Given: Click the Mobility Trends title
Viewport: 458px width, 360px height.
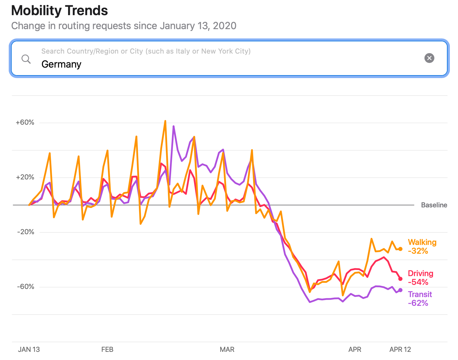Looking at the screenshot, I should point(59,11).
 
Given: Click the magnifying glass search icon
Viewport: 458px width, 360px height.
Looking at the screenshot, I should point(26,59).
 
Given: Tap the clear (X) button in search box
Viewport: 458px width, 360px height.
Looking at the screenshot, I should point(429,58).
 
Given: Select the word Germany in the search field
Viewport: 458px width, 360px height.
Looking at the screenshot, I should point(61,64).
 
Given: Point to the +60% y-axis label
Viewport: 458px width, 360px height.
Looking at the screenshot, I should point(25,122).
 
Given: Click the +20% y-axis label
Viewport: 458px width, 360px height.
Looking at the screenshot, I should point(25,177).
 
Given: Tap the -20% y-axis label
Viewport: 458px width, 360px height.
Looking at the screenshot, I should point(26,232).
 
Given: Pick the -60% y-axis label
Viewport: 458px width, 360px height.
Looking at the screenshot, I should point(26,287).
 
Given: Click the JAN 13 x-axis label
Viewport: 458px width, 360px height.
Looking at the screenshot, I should point(29,350).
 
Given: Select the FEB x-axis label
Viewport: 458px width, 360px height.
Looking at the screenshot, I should point(107,350).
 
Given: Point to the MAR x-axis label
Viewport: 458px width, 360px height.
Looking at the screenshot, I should point(227,350).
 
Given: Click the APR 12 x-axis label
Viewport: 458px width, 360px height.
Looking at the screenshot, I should point(400,350).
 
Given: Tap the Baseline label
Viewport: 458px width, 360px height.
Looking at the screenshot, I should point(434,205).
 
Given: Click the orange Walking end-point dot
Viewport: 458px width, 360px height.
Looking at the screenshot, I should point(400,249).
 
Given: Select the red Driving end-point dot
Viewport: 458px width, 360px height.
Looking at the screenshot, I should point(400,279).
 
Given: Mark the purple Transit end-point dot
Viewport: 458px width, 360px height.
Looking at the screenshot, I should point(400,290).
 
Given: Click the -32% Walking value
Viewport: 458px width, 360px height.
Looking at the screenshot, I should point(418,251).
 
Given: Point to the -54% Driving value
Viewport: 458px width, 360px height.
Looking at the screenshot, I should point(418,282).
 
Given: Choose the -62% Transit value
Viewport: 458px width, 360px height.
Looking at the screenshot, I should point(418,303).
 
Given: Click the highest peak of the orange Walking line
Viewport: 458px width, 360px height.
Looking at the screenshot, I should point(165,121).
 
